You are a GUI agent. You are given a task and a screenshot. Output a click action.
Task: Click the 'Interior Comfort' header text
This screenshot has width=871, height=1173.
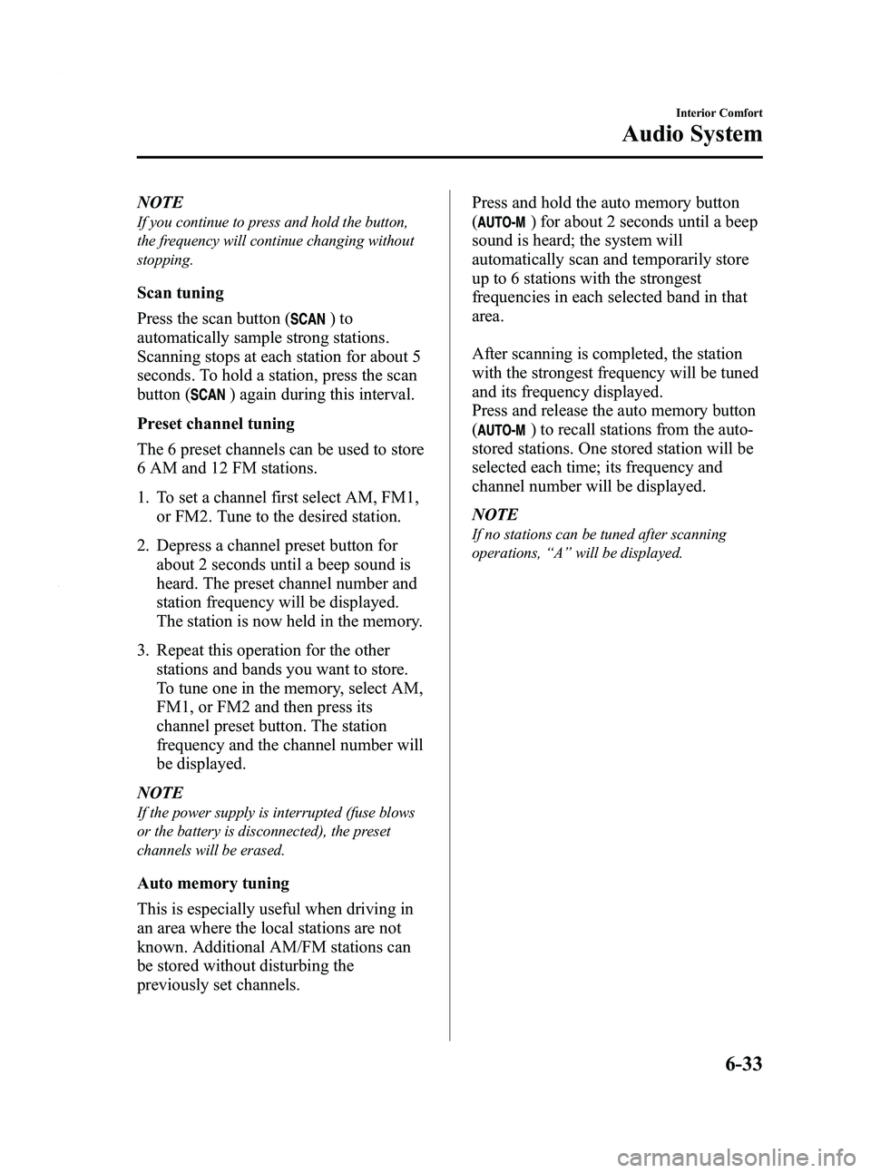717,113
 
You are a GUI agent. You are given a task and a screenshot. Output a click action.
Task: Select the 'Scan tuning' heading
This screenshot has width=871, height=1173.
181,293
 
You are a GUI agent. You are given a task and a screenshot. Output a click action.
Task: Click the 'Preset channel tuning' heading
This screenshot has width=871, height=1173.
216,424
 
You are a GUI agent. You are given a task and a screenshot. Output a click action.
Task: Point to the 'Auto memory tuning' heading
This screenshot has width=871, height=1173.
213,883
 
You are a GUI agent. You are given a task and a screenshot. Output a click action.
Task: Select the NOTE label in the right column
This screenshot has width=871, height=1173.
494,513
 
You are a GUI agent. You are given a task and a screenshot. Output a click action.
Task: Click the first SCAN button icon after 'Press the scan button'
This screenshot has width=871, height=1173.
309,318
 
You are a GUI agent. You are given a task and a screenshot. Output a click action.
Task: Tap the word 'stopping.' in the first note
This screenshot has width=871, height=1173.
164,259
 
